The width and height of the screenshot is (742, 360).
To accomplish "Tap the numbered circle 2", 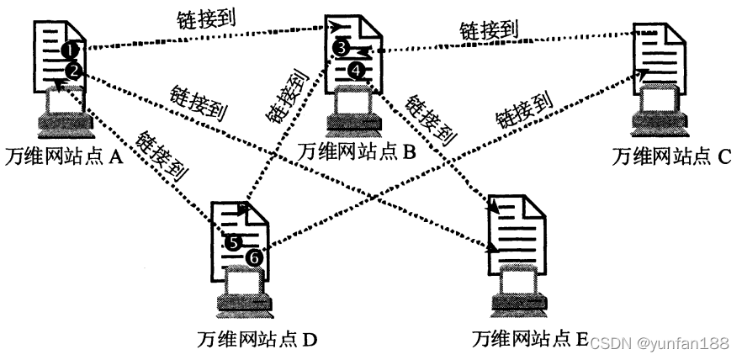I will [x=74, y=70].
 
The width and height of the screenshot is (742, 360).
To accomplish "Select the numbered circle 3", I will [x=340, y=49].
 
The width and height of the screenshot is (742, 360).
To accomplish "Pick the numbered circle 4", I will [x=358, y=71].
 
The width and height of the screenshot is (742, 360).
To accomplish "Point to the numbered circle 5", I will [x=233, y=242].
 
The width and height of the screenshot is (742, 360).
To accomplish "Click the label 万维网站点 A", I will [x=64, y=156].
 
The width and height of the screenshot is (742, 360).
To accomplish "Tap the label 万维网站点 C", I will [x=672, y=156].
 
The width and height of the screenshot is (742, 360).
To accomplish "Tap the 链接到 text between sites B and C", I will [x=488, y=30].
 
